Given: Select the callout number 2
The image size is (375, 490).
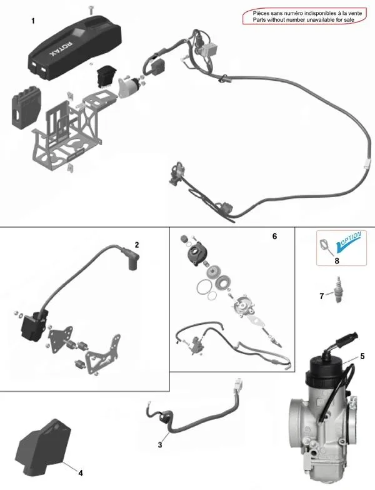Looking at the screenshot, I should (x=137, y=243).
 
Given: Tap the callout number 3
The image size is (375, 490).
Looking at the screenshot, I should (x=161, y=444).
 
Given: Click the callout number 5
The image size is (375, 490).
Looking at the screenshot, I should (x=361, y=357).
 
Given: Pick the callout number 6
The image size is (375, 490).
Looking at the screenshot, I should (x=274, y=237).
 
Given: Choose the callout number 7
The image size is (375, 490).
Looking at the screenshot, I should (x=322, y=295).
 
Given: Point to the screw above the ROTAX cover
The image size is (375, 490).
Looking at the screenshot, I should (x=92, y=8).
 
